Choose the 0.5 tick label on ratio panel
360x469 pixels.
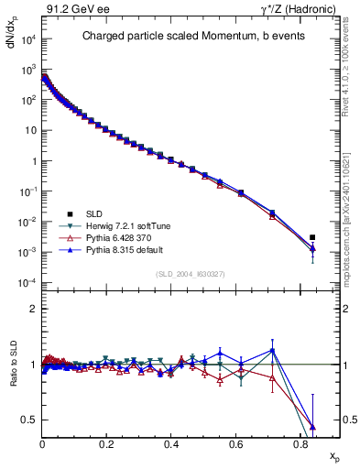(x=29, y=420)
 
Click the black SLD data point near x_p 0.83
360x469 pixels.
(x=312, y=237)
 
